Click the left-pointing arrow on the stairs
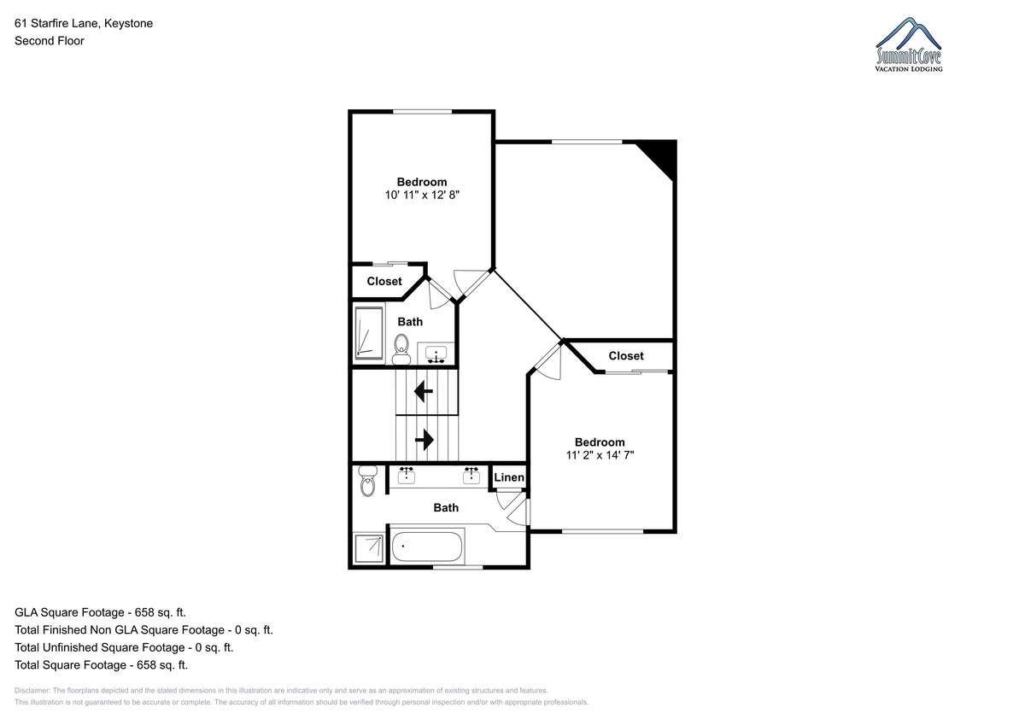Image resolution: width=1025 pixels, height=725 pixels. [424, 392]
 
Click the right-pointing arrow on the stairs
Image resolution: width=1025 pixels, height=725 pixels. [425, 440]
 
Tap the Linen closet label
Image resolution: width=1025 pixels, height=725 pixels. [509, 477]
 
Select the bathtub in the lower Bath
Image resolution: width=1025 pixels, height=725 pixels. [426, 547]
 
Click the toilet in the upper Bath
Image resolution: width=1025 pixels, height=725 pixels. [401, 349]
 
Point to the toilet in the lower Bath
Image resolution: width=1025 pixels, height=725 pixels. [367, 481]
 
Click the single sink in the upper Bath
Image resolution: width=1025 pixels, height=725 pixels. [436, 354]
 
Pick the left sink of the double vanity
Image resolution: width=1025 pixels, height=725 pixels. [407, 476]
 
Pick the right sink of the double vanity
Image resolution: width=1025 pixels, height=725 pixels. [471, 476]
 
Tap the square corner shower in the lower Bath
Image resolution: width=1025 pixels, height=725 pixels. [369, 548]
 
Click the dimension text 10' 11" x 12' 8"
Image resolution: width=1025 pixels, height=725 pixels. [422, 196]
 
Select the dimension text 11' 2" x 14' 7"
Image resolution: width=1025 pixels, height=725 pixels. [600, 455]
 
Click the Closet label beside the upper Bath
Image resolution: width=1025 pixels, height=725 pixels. [384, 281]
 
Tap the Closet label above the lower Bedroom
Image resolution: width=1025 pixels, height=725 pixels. [626, 356]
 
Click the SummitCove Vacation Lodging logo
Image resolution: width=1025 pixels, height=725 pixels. [909, 44]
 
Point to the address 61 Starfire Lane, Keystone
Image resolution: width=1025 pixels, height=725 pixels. [84, 23]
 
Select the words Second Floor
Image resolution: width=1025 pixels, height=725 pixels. [50, 41]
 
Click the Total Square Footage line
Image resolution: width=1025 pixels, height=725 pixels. [101, 665]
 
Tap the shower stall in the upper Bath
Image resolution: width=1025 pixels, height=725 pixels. [369, 333]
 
